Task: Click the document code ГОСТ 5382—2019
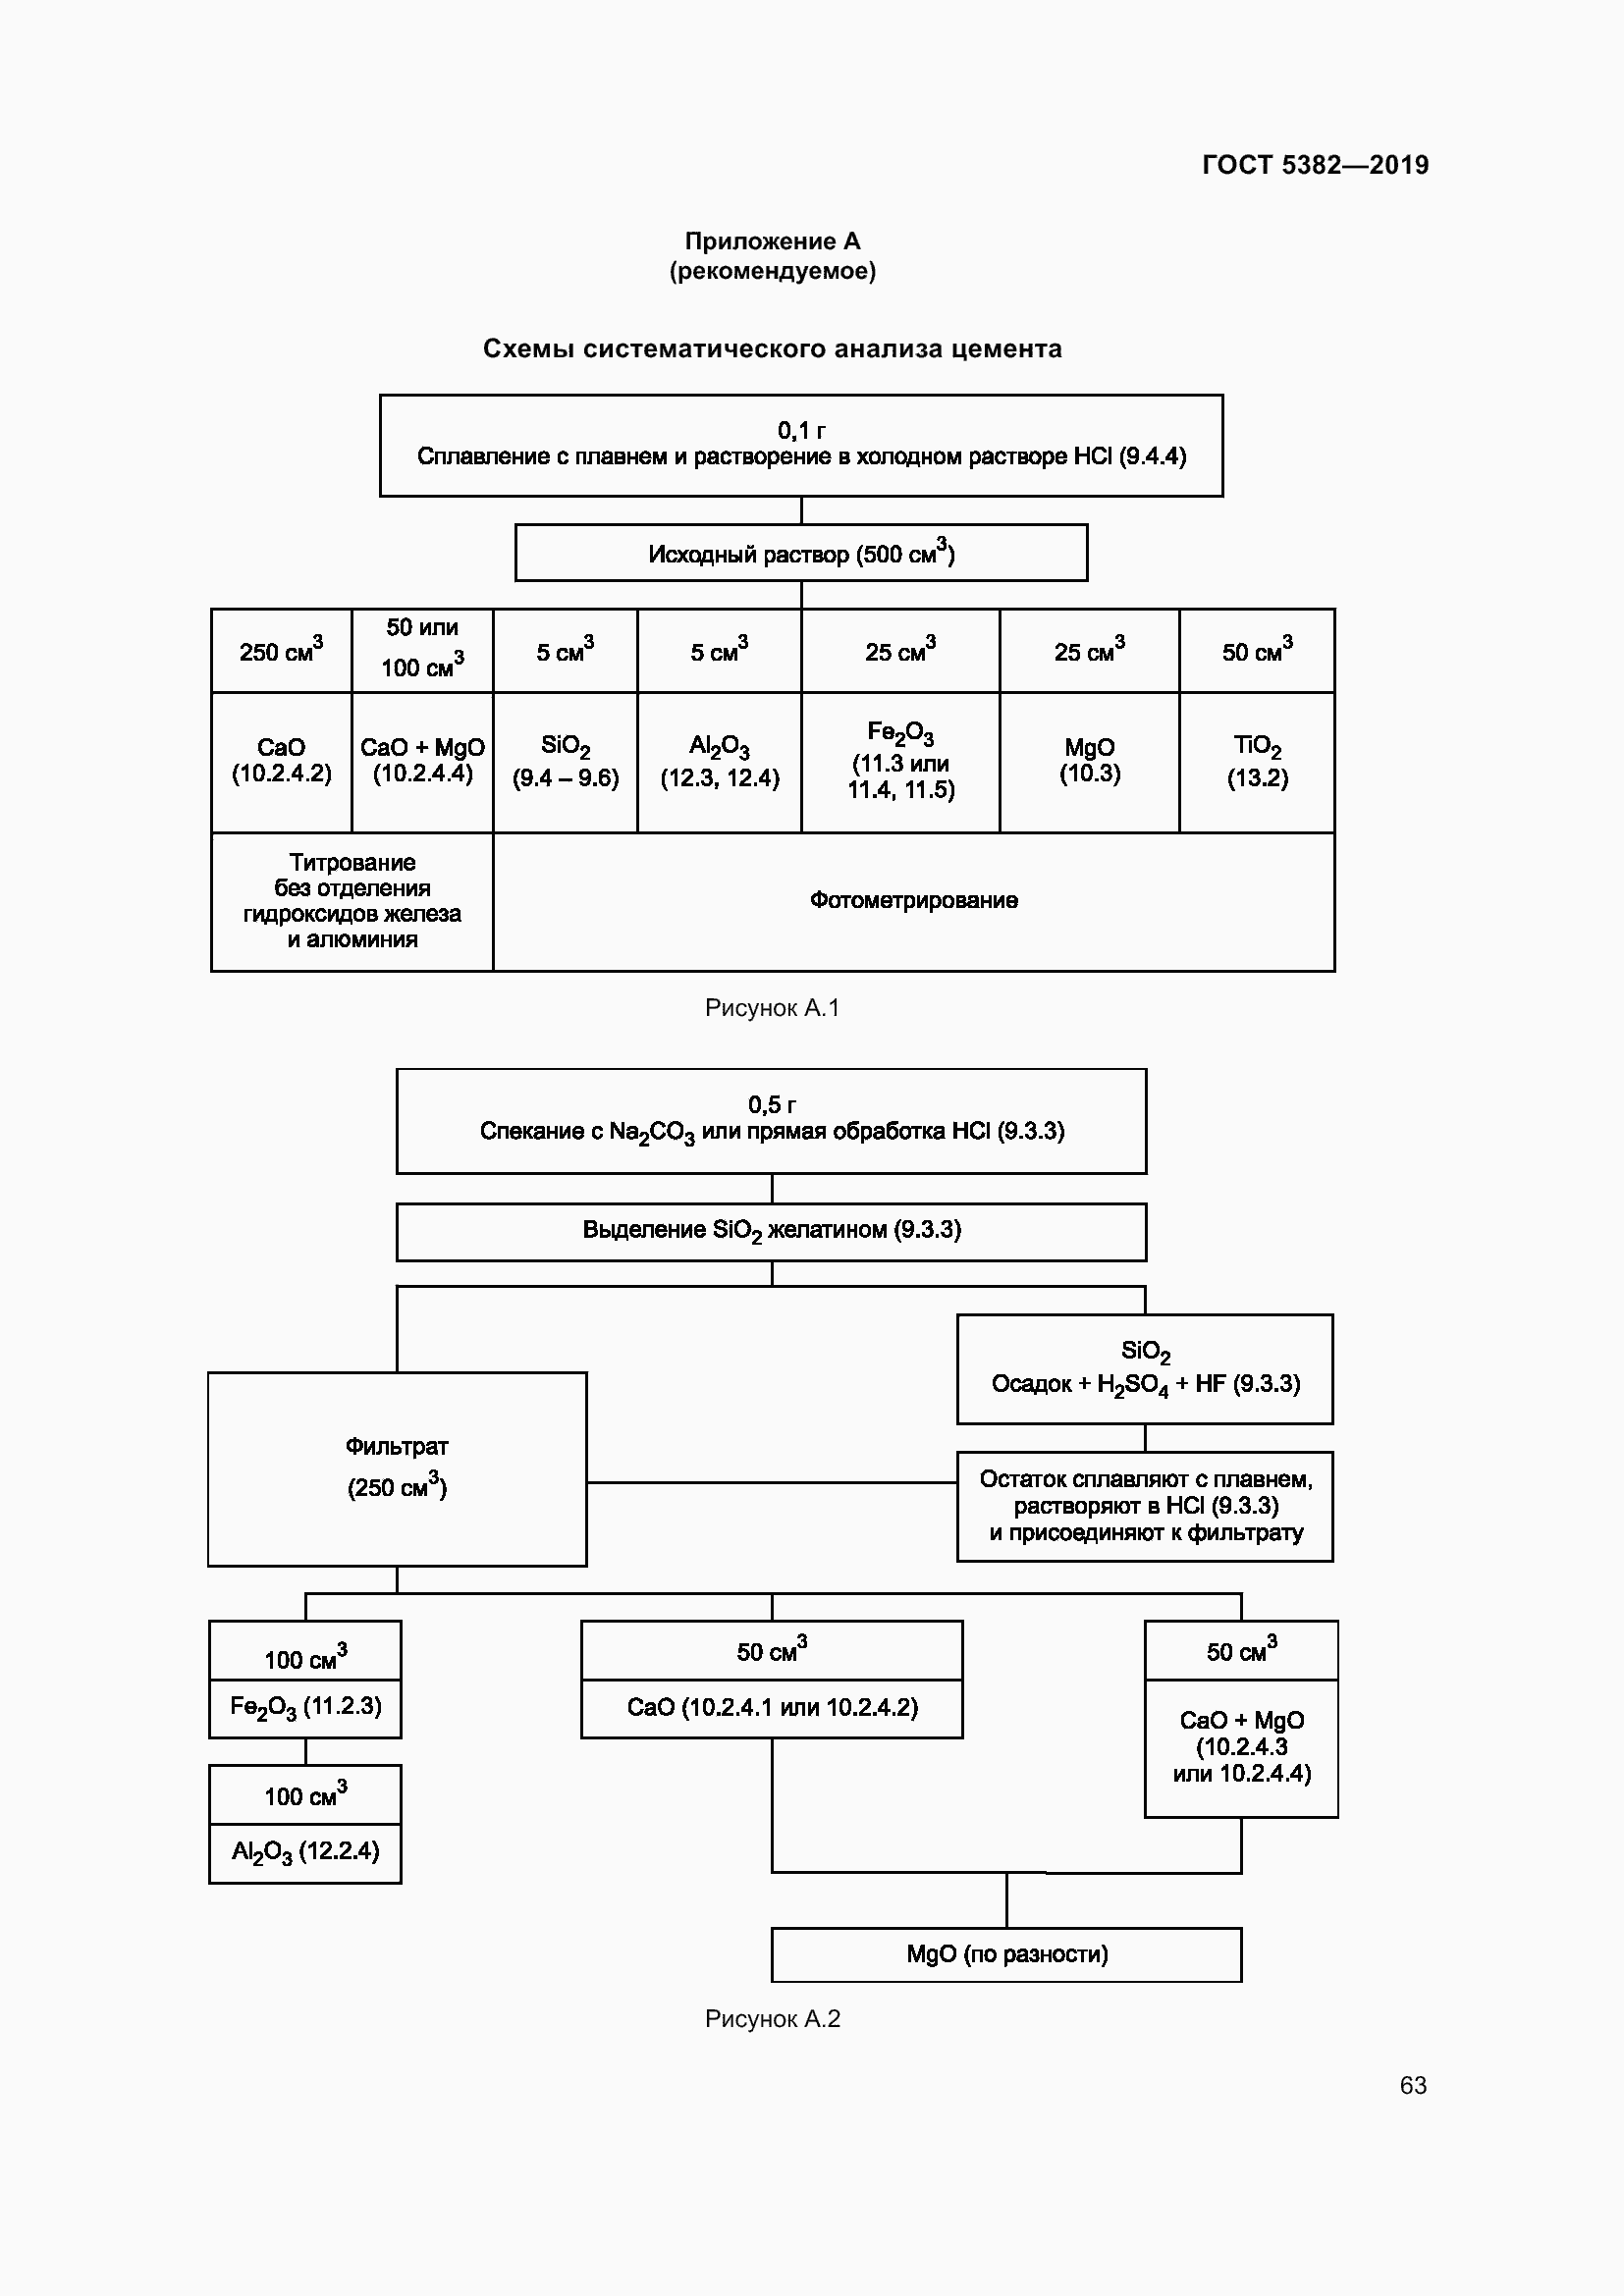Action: point(1314,165)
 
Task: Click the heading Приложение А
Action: point(772,241)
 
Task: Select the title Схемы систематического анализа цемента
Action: point(772,349)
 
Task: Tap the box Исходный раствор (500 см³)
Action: point(801,553)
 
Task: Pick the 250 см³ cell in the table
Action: point(281,651)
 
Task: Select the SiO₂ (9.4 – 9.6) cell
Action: point(565,762)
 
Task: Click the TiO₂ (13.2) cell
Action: point(1257,762)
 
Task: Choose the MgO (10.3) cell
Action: point(1089,761)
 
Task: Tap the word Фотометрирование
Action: point(913,901)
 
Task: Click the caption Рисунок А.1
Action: point(772,1008)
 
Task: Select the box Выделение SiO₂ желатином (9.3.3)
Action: point(771,1231)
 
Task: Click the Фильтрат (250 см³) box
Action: point(397,1468)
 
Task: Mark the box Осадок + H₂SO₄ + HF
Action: point(1145,1369)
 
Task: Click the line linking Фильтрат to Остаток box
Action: point(770,1483)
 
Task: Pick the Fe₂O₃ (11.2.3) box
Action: point(305,1708)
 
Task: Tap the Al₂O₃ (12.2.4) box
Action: point(305,1852)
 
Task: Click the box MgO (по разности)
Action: point(1006,1954)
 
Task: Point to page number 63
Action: point(1412,2085)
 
